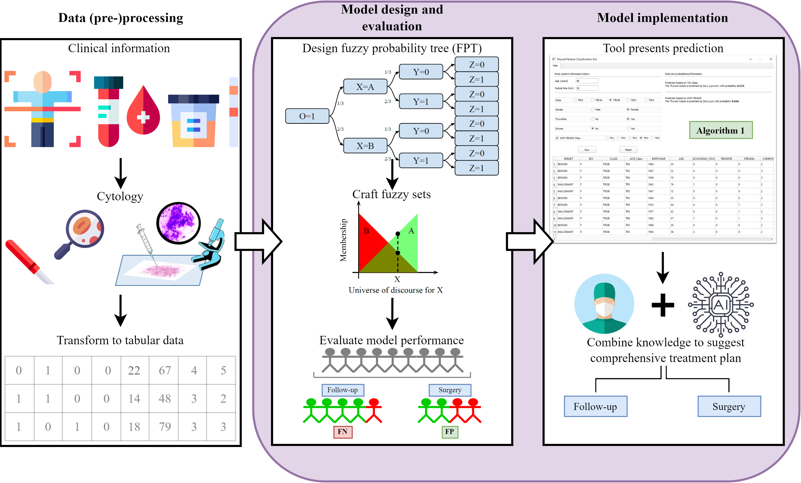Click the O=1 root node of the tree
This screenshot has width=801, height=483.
pos(307,116)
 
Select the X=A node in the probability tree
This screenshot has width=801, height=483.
pos(365,87)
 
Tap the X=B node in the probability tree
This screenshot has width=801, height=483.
pos(365,146)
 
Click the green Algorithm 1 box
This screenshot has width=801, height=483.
pos(721,130)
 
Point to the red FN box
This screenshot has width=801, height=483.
pos(343,432)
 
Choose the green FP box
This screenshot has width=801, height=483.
pos(450,432)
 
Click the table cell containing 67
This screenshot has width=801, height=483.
pos(164,370)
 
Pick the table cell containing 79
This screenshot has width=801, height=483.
pos(164,426)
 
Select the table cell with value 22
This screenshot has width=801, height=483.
pos(134,370)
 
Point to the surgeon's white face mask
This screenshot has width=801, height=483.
pos(604,309)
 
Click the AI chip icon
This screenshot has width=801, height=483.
pos(721,304)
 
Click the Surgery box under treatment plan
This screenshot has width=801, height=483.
pos(729,406)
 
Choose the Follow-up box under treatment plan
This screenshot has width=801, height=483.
pos(595,406)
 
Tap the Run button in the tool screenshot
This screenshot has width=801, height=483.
pos(587,150)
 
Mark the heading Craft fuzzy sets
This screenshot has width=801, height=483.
pos(391,194)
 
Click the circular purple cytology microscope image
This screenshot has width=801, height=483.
pos(179,223)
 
